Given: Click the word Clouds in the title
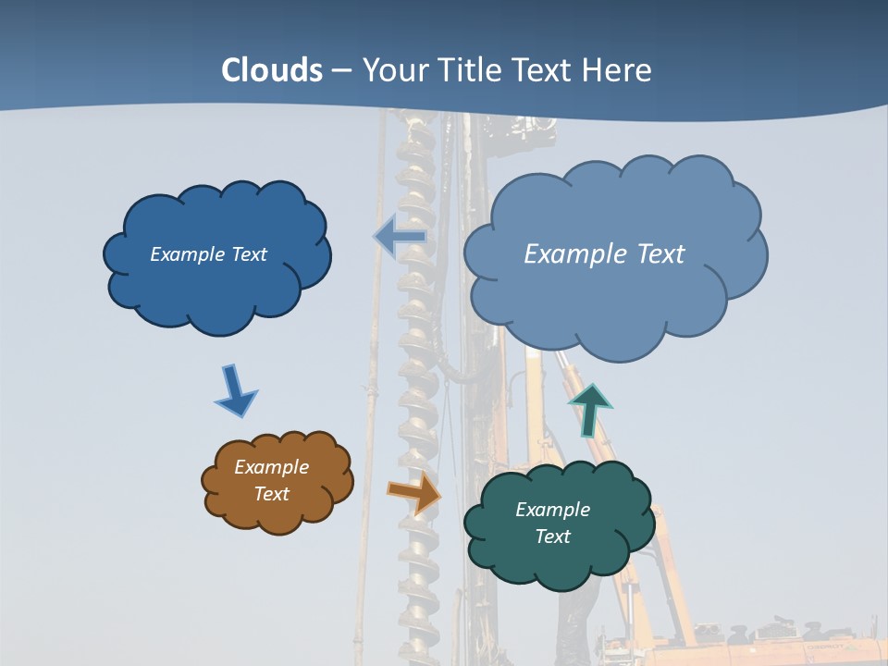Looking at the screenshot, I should tap(272, 70).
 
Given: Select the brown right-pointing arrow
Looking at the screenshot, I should tap(413, 492).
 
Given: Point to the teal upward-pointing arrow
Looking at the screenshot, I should tap(589, 410).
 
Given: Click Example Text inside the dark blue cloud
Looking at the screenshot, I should tap(208, 254).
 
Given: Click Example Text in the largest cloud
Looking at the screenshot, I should tap(604, 254).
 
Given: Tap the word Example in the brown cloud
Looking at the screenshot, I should tap(271, 467).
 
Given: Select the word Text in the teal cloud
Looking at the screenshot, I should tap(552, 536).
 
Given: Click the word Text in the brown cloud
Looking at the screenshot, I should tap(271, 494).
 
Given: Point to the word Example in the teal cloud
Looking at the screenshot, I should tap(552, 510).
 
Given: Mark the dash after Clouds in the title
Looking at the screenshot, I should tap(341, 71).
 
